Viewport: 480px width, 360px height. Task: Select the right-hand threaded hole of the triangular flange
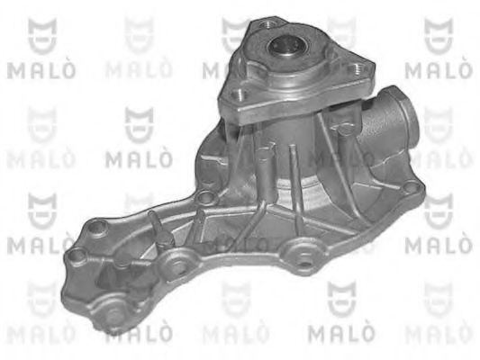pos(356,68)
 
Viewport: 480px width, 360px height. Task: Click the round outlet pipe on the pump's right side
pos(395,113)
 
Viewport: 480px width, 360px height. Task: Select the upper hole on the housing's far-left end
pos(97,228)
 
